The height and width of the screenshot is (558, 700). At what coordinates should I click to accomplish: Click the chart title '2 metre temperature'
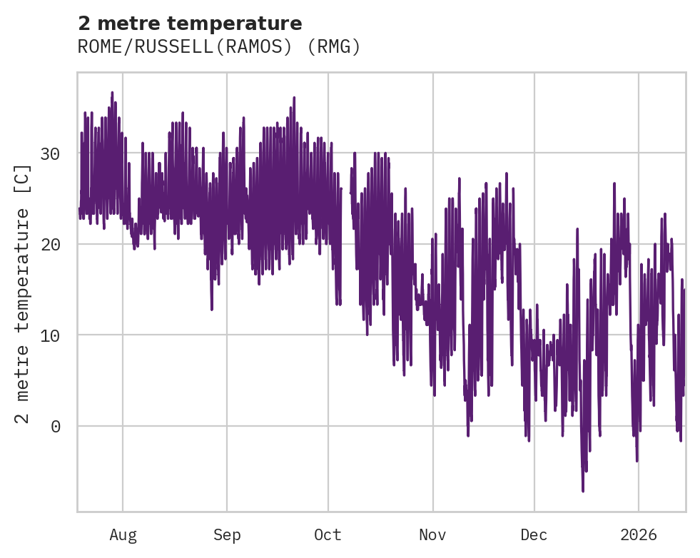[x=190, y=24]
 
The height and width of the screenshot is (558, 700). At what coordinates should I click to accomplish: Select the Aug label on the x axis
[x=123, y=535]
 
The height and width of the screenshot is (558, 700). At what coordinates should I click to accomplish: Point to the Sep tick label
[x=227, y=535]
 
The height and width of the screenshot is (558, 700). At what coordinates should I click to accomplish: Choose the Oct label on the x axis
[x=328, y=535]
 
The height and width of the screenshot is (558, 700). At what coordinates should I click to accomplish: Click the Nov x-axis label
[x=432, y=535]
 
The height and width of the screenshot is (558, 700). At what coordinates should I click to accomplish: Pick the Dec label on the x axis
[x=534, y=535]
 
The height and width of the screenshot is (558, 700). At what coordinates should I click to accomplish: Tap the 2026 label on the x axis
[x=639, y=535]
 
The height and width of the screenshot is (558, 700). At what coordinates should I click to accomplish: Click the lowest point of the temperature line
[x=583, y=491]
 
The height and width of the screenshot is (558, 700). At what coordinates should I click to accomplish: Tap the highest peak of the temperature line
[x=112, y=93]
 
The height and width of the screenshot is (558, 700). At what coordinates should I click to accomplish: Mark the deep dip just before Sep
[x=212, y=309]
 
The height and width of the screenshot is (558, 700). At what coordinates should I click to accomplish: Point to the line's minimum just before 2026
[x=636, y=461]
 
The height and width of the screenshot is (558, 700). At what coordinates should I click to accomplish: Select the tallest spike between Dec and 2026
[x=614, y=183]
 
